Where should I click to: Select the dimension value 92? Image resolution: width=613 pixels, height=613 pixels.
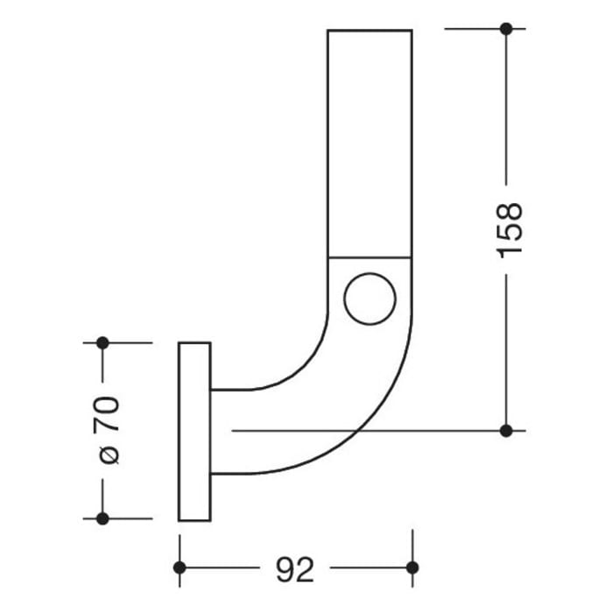point(295,570)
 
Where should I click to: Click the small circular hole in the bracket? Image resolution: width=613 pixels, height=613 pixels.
point(370,299)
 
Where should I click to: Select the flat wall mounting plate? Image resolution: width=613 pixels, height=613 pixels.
point(194,431)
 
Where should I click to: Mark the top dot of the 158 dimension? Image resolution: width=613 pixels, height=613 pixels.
point(505,29)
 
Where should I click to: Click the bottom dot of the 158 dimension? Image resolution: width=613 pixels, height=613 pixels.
point(505,430)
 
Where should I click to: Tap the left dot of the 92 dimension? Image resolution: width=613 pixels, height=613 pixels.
point(180,568)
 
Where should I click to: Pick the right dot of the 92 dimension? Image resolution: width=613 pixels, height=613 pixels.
point(412,568)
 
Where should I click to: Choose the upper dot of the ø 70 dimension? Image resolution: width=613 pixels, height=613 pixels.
point(102,342)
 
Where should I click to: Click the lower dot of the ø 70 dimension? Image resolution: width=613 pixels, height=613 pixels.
point(102,518)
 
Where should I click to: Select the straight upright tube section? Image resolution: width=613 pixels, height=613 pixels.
point(370,140)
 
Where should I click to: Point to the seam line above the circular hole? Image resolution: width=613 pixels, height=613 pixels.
point(370,257)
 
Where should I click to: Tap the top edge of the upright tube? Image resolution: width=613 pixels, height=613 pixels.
point(370,30)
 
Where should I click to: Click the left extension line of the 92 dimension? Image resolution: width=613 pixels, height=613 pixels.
point(180,547)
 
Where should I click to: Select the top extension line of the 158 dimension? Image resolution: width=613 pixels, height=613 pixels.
point(473,29)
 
